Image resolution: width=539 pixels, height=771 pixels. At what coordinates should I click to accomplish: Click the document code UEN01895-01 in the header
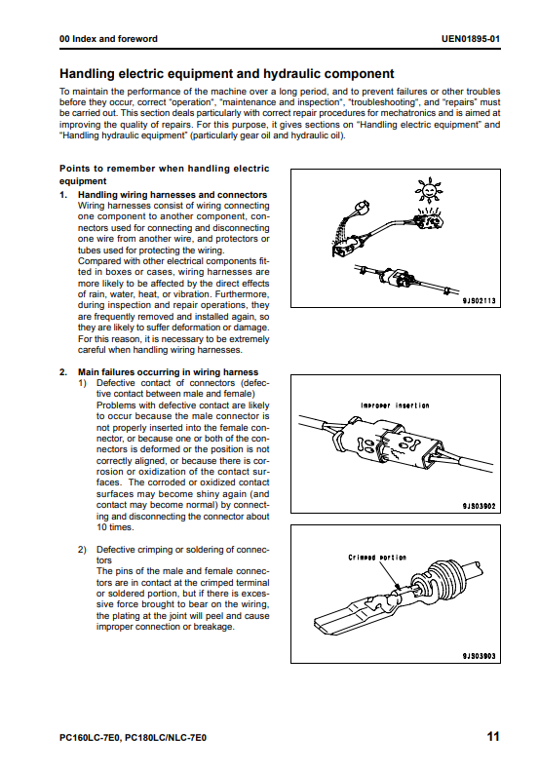coord(471,39)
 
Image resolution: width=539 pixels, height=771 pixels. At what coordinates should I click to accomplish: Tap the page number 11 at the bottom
coord(493,736)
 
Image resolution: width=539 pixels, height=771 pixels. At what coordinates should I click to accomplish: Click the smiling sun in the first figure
coord(429,190)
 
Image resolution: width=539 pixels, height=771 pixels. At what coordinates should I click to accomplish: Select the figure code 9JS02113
coord(479,300)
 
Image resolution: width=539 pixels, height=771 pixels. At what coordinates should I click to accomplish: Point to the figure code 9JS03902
coord(479,506)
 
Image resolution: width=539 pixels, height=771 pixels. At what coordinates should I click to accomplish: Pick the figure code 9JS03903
coord(479,656)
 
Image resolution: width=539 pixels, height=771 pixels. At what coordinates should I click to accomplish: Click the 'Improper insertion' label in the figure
coord(395,405)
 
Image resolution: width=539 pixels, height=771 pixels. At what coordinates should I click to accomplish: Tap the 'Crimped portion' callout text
coord(377,558)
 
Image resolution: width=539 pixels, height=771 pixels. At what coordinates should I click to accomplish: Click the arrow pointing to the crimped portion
coord(390,574)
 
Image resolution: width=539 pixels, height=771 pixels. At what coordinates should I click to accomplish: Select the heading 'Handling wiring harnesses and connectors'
coord(173,195)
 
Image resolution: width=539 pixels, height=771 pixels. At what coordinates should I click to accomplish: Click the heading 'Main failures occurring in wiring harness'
coord(168,372)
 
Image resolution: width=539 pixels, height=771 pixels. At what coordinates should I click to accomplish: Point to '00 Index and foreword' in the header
coord(108,39)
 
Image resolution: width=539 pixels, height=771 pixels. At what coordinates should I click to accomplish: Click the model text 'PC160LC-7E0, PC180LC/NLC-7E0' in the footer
coord(133,738)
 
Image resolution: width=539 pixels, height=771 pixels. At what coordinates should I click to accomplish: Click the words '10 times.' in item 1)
coord(115,527)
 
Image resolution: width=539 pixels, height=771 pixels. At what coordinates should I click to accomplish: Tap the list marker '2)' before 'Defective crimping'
coord(82,549)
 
